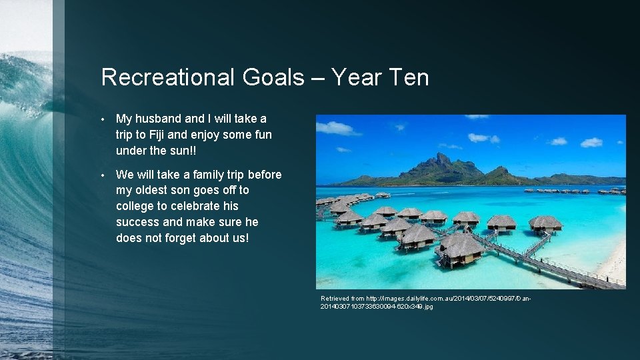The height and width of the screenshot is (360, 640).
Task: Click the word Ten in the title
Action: [407, 78]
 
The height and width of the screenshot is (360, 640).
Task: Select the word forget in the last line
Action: [179, 237]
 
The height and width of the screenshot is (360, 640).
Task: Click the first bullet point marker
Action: [104, 119]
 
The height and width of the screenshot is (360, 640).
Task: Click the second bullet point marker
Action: [104, 175]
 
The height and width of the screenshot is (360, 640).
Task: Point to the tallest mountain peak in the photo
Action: [441, 157]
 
